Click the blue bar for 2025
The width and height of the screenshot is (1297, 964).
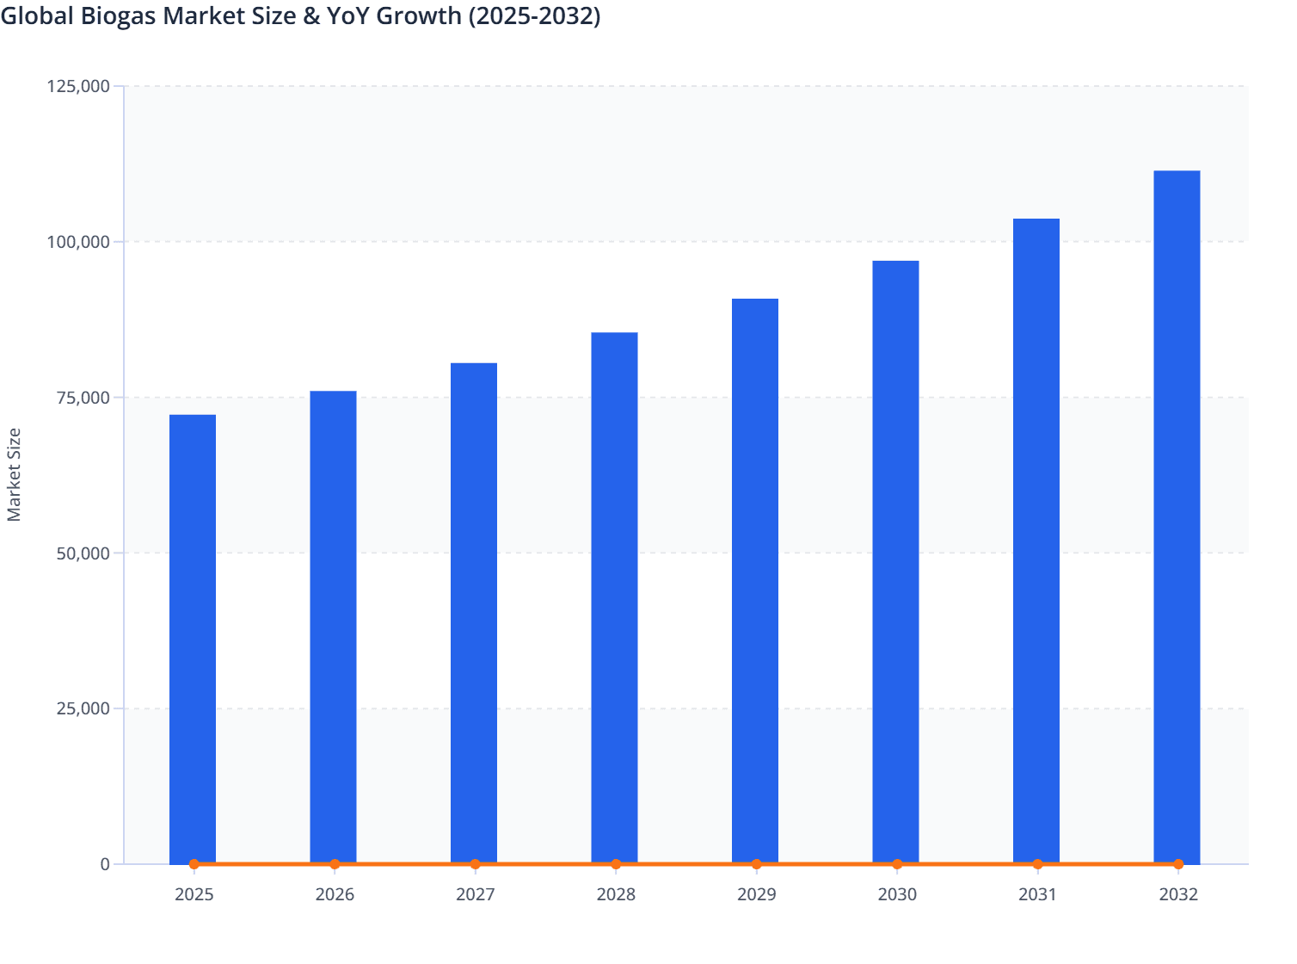point(193,637)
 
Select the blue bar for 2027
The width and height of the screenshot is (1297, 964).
point(474,611)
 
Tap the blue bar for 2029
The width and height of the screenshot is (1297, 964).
point(755,581)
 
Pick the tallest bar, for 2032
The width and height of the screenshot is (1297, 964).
point(1177,516)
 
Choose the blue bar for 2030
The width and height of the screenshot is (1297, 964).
point(895,559)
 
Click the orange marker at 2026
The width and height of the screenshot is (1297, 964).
point(335,864)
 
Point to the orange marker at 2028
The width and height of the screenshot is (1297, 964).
point(616,864)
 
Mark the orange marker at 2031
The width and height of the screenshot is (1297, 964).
point(1037,864)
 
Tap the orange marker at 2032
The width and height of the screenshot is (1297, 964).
point(1178,864)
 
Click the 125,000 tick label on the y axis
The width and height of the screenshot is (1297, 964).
point(78,86)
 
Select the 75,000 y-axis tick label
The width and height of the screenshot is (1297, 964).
point(83,398)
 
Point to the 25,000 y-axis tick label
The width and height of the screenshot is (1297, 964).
point(83,709)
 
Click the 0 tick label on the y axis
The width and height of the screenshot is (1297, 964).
point(105,864)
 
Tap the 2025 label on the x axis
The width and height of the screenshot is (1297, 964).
point(194,895)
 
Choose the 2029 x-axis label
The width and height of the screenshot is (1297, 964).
point(757,895)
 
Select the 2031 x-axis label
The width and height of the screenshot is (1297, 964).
point(1038,895)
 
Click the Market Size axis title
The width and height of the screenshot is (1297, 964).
point(14,475)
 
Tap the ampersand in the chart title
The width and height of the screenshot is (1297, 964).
point(310,15)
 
